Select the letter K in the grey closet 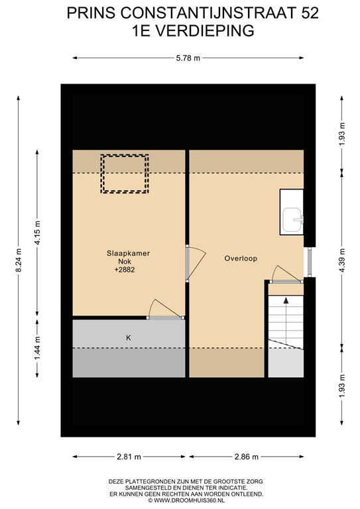129,337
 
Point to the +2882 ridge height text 124,270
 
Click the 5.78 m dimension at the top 180,59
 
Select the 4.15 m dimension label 37,233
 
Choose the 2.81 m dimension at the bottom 130,457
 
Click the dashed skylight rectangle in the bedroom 124,174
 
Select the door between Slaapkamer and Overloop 190,263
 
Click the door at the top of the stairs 282,274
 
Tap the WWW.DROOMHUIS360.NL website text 180,502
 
